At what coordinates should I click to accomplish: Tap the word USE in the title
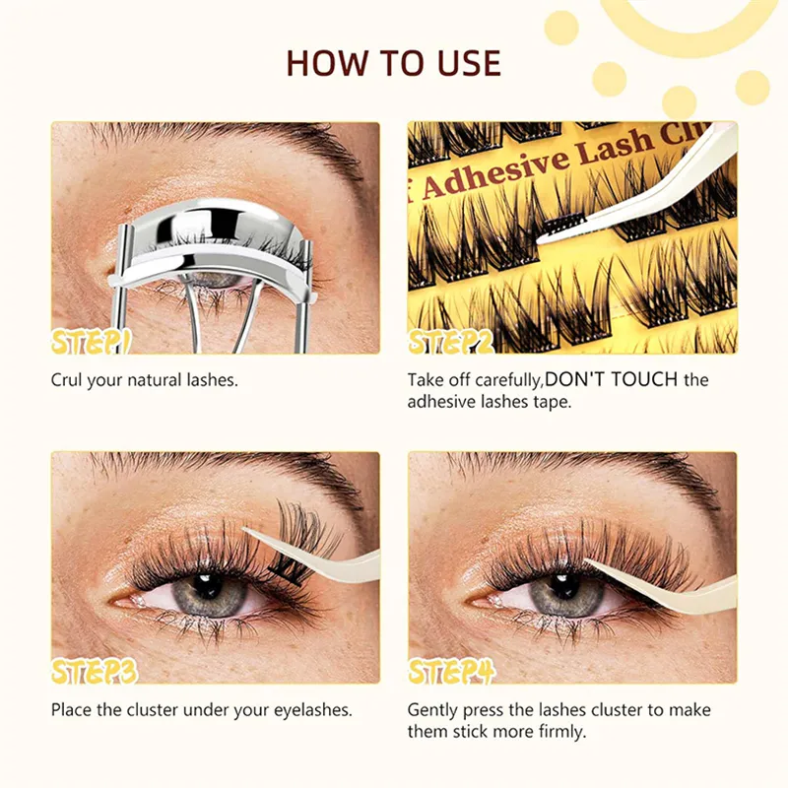[470, 63]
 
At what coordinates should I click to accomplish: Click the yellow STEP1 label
[91, 342]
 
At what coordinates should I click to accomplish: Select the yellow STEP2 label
[451, 342]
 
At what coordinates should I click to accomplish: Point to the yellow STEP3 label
[94, 672]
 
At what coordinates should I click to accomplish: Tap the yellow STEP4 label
[451, 672]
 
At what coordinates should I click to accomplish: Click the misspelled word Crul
[66, 380]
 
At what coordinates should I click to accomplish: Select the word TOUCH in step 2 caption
[644, 379]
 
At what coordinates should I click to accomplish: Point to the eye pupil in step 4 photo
[563, 585]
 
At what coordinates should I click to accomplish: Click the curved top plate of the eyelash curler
[214, 232]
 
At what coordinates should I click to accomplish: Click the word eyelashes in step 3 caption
[311, 710]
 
